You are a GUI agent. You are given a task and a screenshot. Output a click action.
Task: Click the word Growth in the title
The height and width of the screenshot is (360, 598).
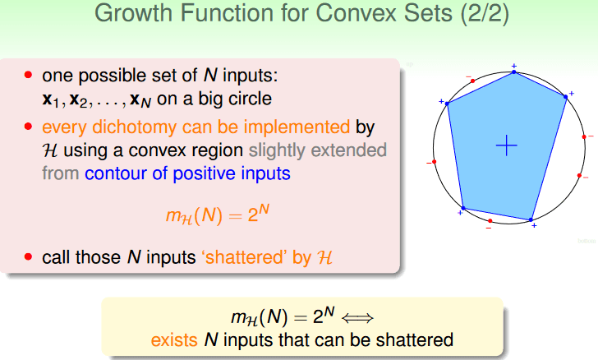[x=134, y=13]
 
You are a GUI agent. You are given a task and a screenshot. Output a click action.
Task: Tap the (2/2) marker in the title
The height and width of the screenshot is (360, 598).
[x=485, y=14]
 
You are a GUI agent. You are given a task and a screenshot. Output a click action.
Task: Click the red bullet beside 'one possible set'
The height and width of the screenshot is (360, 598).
[x=28, y=75]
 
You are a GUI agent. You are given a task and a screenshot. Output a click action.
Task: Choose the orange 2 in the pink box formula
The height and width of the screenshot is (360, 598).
[x=253, y=215]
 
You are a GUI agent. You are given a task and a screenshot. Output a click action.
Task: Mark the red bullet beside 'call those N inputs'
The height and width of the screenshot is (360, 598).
[x=28, y=256]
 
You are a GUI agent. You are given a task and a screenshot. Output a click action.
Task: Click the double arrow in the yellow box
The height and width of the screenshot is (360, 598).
[x=357, y=318]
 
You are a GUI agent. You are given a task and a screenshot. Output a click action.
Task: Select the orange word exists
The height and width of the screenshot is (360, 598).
[x=174, y=339]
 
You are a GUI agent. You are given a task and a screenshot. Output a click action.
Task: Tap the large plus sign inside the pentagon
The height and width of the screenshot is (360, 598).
[x=507, y=145]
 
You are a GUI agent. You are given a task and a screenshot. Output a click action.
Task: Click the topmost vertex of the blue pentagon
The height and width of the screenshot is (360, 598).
[x=513, y=72]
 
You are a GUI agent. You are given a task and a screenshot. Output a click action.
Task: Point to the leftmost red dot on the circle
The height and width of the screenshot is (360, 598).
[x=434, y=162]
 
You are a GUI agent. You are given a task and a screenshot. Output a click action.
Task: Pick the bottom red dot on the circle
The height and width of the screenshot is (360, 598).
[x=490, y=221]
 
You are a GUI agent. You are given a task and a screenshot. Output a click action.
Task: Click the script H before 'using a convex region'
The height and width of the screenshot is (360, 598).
[x=50, y=150]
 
